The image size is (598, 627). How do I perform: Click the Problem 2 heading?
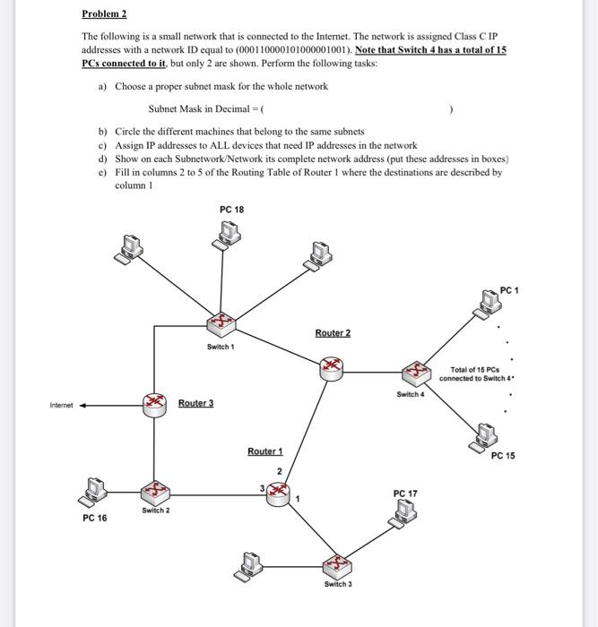pos(104,14)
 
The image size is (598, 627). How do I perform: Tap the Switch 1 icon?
pos(220,322)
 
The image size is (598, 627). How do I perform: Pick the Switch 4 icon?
pos(415,370)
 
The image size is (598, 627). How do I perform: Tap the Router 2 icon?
pos(333,364)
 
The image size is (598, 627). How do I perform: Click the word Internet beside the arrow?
pos(63,405)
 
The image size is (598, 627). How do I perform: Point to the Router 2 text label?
pos(333,333)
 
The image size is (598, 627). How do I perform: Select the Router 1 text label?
pos(264,451)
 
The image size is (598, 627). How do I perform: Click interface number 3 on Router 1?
pos(262,487)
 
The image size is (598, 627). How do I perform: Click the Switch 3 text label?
pos(338,584)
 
